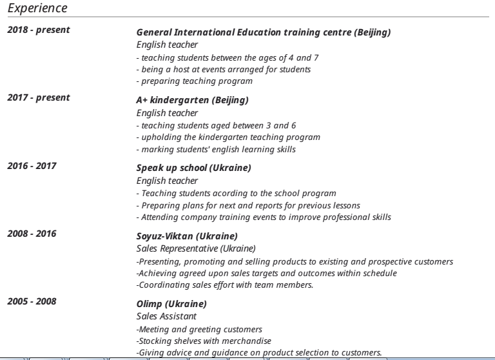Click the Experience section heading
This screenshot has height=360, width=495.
click(x=37, y=8)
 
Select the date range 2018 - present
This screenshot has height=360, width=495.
click(x=39, y=30)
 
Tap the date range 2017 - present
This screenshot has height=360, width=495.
click(x=39, y=98)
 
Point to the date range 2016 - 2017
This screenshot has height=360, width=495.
click(x=32, y=166)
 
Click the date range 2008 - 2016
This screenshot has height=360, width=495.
click(x=32, y=234)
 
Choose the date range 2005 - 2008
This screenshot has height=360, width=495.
click(x=32, y=301)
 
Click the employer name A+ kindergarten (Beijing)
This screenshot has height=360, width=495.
click(x=192, y=101)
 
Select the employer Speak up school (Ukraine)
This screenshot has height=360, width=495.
click(x=193, y=168)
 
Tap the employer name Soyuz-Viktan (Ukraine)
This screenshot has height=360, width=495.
click(x=187, y=236)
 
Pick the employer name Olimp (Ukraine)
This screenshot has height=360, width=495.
click(x=171, y=304)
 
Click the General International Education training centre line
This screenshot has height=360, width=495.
click(x=264, y=32)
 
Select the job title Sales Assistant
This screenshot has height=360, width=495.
click(x=166, y=316)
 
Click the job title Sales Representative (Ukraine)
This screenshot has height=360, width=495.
click(x=196, y=248)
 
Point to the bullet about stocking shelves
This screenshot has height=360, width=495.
click(x=204, y=341)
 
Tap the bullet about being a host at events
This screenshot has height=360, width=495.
click(x=224, y=69)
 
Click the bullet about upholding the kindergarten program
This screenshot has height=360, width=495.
click(x=228, y=137)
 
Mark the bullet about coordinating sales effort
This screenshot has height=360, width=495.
click(x=225, y=285)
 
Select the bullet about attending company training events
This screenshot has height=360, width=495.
click(x=264, y=217)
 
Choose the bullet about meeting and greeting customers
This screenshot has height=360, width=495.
click(x=199, y=329)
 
